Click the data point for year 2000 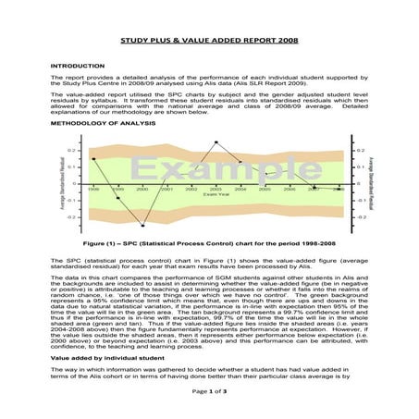(142, 225)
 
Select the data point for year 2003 (216, 142)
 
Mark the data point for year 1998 (93, 159)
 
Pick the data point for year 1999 (118, 198)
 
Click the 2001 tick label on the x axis (166, 189)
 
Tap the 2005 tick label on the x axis (265, 189)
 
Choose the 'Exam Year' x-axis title (216, 195)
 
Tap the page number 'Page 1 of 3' (209, 393)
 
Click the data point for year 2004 (240, 162)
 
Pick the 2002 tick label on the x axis (191, 189)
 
